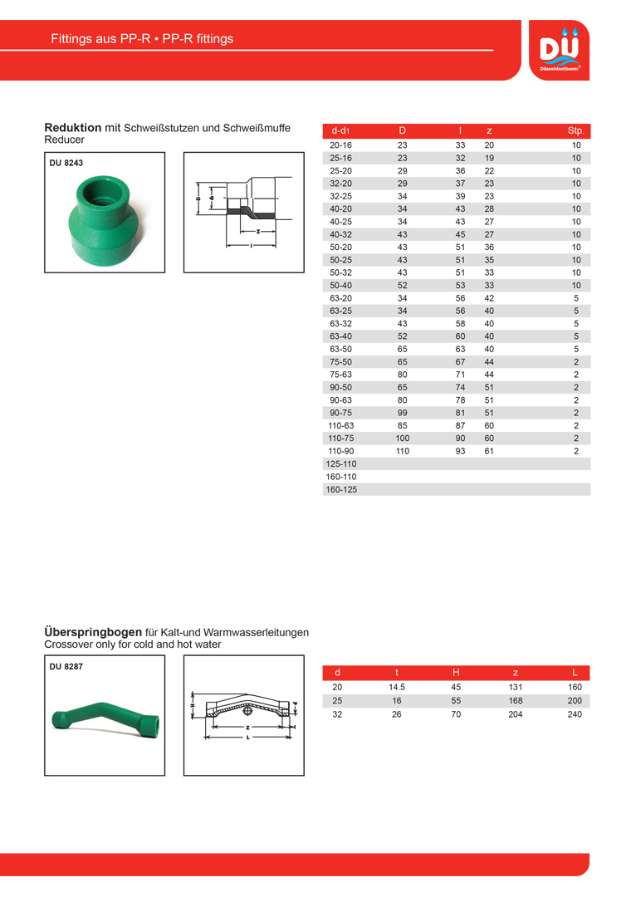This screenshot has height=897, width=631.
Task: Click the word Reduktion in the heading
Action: (72, 128)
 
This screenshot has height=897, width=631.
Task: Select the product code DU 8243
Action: (66, 164)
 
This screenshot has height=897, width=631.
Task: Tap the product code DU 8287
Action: (66, 666)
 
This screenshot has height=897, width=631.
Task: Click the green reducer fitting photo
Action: (102, 220)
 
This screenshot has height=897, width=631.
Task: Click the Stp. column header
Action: (575, 131)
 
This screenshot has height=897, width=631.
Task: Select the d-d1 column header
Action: (340, 131)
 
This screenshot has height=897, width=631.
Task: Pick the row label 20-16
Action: (340, 145)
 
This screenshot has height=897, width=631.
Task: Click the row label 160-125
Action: (342, 490)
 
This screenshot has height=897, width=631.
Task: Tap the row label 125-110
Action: (342, 464)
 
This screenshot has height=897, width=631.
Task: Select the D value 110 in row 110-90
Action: (403, 451)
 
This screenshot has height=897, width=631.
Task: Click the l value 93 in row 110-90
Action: (460, 451)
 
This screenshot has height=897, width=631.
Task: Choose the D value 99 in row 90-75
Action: (403, 413)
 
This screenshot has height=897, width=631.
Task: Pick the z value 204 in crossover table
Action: (516, 714)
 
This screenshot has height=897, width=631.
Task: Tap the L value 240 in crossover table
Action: (575, 714)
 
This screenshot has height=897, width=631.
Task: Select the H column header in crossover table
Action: (456, 672)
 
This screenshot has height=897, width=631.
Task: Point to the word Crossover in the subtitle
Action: (69, 645)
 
